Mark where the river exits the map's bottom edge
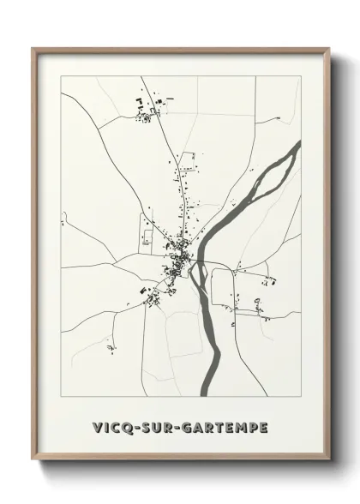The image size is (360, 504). coord(204,394)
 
